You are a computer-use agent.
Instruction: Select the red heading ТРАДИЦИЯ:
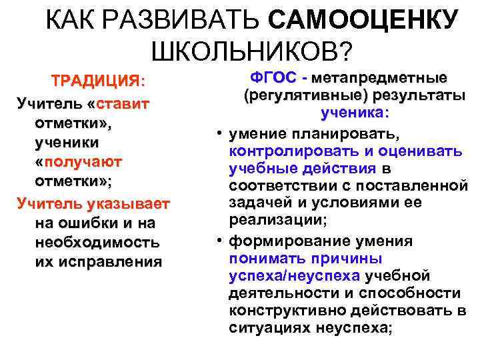tap(99, 81)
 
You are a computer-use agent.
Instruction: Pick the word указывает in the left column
tap(131, 203)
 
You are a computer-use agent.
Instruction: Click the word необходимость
tap(97, 241)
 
